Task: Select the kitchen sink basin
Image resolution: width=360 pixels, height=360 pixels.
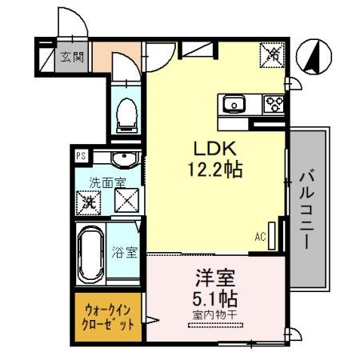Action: [x=234, y=102]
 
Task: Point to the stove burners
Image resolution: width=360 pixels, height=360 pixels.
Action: [x=274, y=102]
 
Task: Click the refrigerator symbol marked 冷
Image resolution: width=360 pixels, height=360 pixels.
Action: [x=273, y=54]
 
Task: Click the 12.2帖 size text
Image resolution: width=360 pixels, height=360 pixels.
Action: [x=212, y=170]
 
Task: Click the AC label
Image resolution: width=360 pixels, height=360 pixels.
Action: [x=261, y=236]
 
